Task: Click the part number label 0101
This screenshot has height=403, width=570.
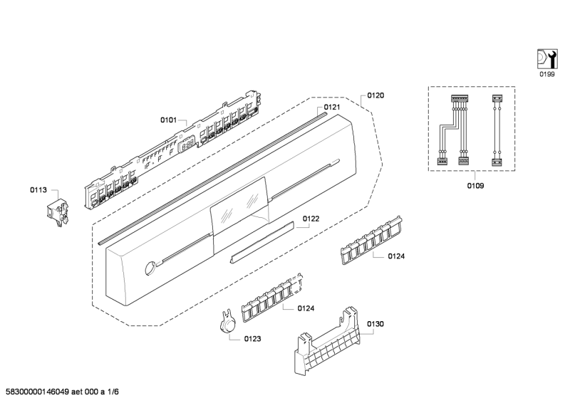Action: pyautogui.click(x=167, y=120)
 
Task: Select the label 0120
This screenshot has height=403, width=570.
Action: pyautogui.click(x=376, y=95)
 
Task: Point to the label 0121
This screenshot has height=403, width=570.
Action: pyautogui.click(x=332, y=108)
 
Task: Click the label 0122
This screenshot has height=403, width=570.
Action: pyautogui.click(x=310, y=219)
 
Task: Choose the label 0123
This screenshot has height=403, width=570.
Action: pyautogui.click(x=252, y=339)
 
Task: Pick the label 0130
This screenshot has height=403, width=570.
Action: pyautogui.click(x=375, y=324)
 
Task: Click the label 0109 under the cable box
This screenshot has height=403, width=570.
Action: pyautogui.click(x=475, y=185)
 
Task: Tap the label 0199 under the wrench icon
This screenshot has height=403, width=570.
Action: pyautogui.click(x=546, y=74)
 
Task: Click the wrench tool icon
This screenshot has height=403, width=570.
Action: pyautogui.click(x=546, y=58)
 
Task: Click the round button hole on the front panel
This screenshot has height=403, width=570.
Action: pyautogui.click(x=149, y=268)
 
